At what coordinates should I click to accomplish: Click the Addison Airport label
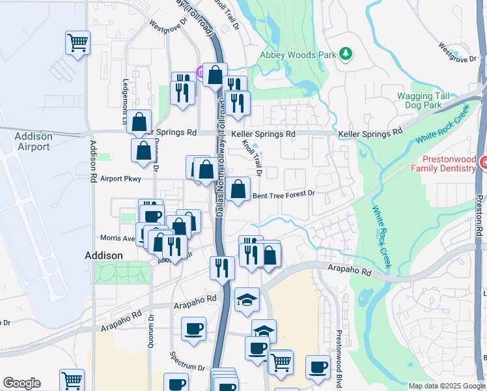coord(33,141)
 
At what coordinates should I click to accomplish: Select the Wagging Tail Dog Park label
coord(424,100)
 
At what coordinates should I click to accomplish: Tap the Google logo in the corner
coord(21,383)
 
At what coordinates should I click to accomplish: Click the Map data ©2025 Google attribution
coord(447,386)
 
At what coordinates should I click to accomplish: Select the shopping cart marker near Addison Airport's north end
coord(77,44)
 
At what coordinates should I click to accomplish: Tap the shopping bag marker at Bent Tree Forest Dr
coord(239,190)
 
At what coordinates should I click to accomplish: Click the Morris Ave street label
coord(117,238)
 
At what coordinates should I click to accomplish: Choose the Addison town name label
coord(104,255)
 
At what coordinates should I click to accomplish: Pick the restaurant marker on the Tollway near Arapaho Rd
coord(222,267)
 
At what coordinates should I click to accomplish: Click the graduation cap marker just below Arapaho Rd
coord(247,300)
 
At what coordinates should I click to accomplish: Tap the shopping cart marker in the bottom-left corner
coord(72,380)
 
